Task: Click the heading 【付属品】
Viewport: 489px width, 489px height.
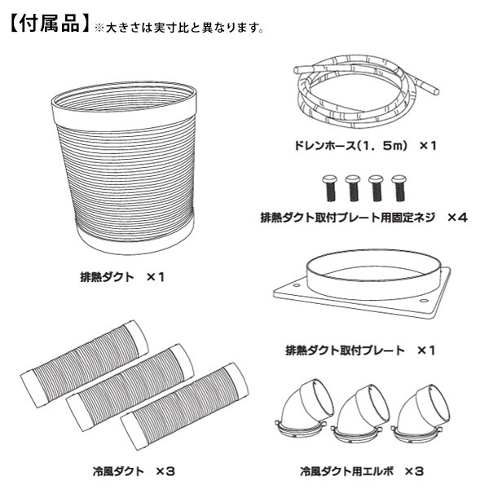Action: pyautogui.click(x=49, y=24)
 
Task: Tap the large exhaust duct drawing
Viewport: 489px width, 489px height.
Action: pyautogui.click(x=125, y=169)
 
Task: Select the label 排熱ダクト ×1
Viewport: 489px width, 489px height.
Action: pyautogui.click(x=122, y=277)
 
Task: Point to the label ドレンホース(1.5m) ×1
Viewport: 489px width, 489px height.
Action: pyautogui.click(x=365, y=145)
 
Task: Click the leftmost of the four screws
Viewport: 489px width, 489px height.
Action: pyautogui.click(x=329, y=188)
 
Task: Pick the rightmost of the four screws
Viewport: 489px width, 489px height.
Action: pyautogui.click(x=399, y=188)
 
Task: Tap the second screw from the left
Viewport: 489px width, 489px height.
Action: pyautogui.click(x=353, y=188)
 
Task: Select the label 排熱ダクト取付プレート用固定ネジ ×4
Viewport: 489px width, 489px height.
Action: pyautogui.click(x=364, y=217)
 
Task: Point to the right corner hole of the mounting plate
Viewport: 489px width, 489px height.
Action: pyautogui.click(x=424, y=301)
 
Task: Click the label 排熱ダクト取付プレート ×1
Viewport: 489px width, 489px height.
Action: pyautogui.click(x=360, y=350)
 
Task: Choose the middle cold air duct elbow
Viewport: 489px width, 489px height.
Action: pyautogui.click(x=360, y=413)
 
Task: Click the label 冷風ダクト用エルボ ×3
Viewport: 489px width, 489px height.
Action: pyautogui.click(x=362, y=471)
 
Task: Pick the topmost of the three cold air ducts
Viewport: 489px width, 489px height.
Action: pyautogui.click(x=84, y=363)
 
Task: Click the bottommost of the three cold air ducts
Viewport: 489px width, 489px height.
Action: pyautogui.click(x=184, y=406)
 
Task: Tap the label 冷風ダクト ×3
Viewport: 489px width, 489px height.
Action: pyautogui.click(x=134, y=471)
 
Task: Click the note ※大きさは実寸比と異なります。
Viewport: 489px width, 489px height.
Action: pyautogui.click(x=179, y=28)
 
